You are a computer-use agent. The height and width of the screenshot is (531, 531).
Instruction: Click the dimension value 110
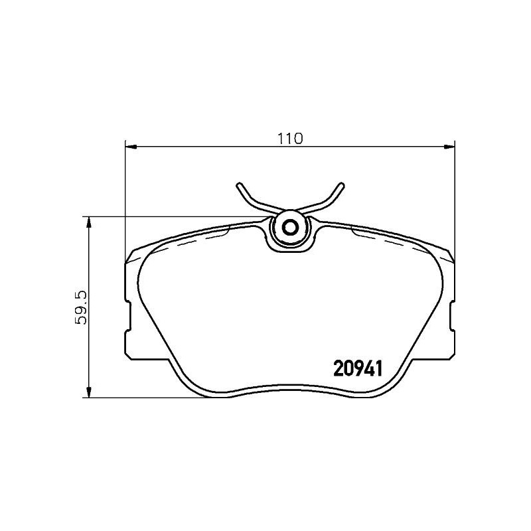[290, 138]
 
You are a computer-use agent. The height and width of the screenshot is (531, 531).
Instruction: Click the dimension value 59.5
[82, 307]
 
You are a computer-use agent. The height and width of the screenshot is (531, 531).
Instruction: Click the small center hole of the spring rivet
[289, 228]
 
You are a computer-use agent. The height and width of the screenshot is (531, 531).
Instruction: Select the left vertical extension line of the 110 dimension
[125, 199]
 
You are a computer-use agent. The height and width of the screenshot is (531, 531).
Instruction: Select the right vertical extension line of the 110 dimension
[455, 199]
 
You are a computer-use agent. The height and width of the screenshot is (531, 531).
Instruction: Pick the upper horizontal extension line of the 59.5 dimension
[173, 216]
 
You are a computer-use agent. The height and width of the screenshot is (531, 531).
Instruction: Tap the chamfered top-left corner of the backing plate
[131, 255]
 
